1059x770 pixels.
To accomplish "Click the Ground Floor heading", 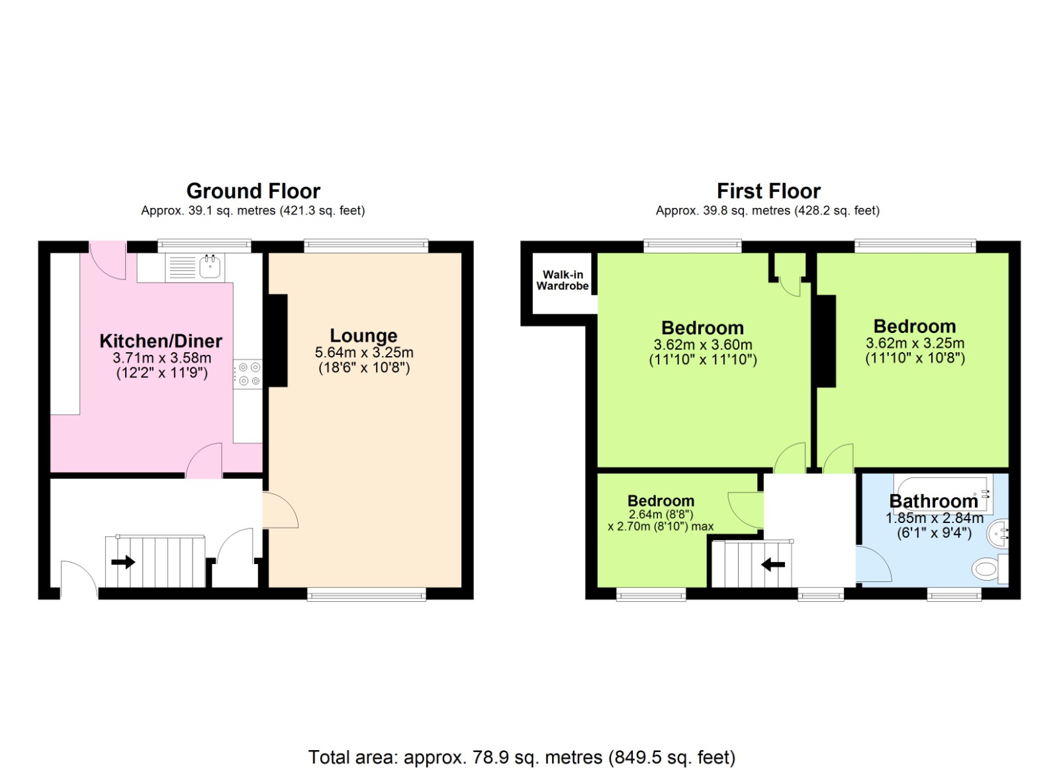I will pos(253,191).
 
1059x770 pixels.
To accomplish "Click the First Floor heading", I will pos(768,191).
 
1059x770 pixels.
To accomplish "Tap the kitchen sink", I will pos(210,267).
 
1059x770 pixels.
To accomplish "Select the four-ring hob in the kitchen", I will pos(249,373).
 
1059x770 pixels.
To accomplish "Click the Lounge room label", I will pos(363,336).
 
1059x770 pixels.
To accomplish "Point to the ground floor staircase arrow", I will pos(123,562).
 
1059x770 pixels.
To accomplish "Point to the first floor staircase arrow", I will pos(773,565).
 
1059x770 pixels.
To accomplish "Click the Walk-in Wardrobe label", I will pos(562,280).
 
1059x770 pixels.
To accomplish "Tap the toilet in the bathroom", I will pos(986,568).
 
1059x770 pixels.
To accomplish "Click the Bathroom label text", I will pos(933,501).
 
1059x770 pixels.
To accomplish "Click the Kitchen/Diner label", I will pos(161,341).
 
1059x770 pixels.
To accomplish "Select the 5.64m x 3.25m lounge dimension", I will pos(364,352).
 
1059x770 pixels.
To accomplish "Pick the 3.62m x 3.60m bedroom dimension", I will pos(703,344).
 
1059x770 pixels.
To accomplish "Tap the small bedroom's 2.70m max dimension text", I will pos(661,526).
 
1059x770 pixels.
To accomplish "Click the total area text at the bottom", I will pos(522,757).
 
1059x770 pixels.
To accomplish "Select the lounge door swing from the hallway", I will pos(279,511).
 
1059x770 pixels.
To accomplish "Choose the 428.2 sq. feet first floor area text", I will pos(841,211).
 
